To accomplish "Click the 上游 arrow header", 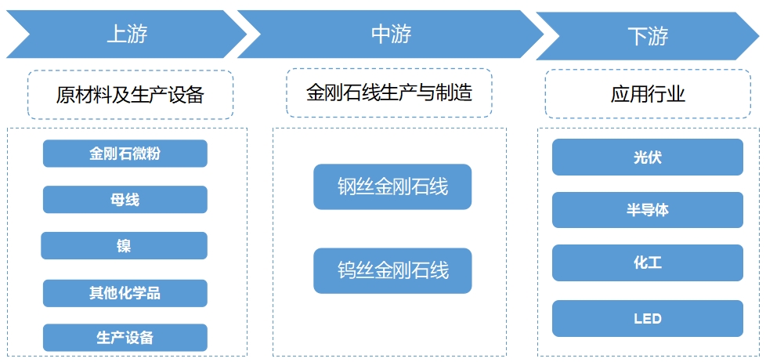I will tap(127, 34).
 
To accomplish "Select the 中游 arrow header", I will tap(390, 34).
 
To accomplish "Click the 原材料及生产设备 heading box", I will tap(130, 95).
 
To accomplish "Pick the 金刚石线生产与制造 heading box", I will tap(388, 92).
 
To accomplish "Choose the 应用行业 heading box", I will tap(647, 95).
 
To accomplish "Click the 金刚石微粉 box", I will tap(125, 154).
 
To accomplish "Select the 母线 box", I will tap(125, 200).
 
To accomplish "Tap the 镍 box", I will tap(125, 246).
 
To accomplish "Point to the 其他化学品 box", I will tap(125, 293).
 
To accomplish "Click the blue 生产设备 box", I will tap(125, 338).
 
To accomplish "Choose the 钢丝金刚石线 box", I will tap(392, 186).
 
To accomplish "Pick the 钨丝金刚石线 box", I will tap(392, 271).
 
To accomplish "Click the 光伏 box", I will tap(647, 157).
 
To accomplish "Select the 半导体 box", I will tap(647, 210).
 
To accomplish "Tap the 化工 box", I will tap(647, 263).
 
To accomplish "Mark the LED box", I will tap(647, 318).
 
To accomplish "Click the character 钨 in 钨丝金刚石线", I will tap(347, 271).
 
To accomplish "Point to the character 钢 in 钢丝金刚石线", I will tap(347, 186).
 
